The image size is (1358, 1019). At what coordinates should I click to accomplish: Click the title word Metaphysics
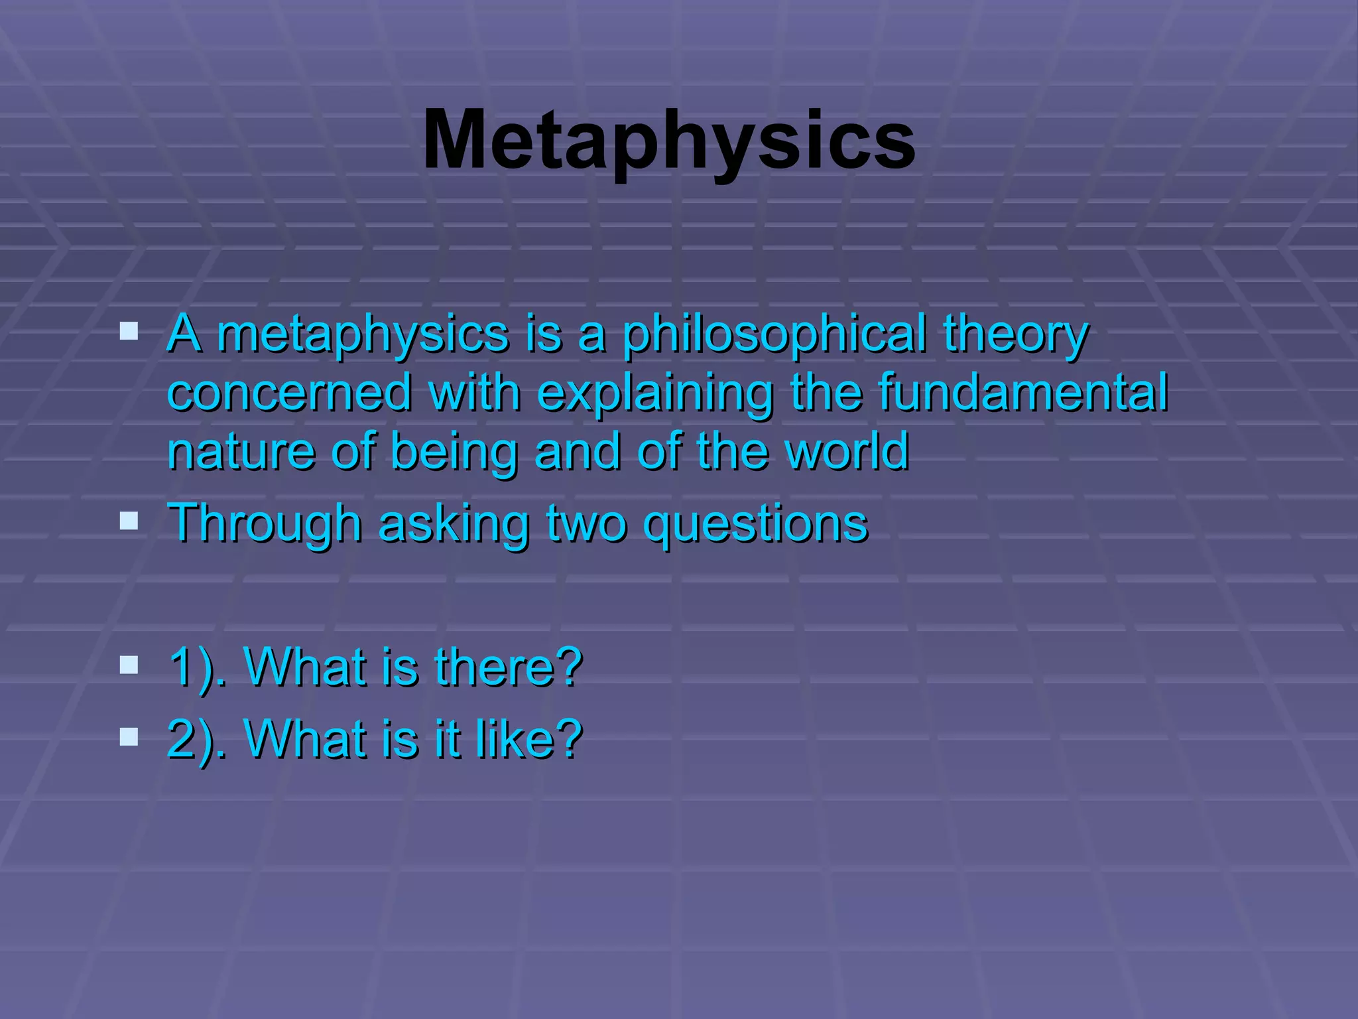(x=669, y=141)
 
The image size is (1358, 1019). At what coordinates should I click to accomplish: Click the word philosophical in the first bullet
(x=774, y=334)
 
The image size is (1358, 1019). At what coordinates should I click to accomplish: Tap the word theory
(x=1015, y=334)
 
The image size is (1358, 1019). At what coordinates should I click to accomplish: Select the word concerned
(x=290, y=392)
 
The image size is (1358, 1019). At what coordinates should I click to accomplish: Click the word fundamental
(x=1023, y=392)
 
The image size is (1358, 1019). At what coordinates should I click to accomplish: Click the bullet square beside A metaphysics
(x=129, y=331)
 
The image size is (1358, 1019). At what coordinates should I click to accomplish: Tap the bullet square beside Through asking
(x=129, y=521)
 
